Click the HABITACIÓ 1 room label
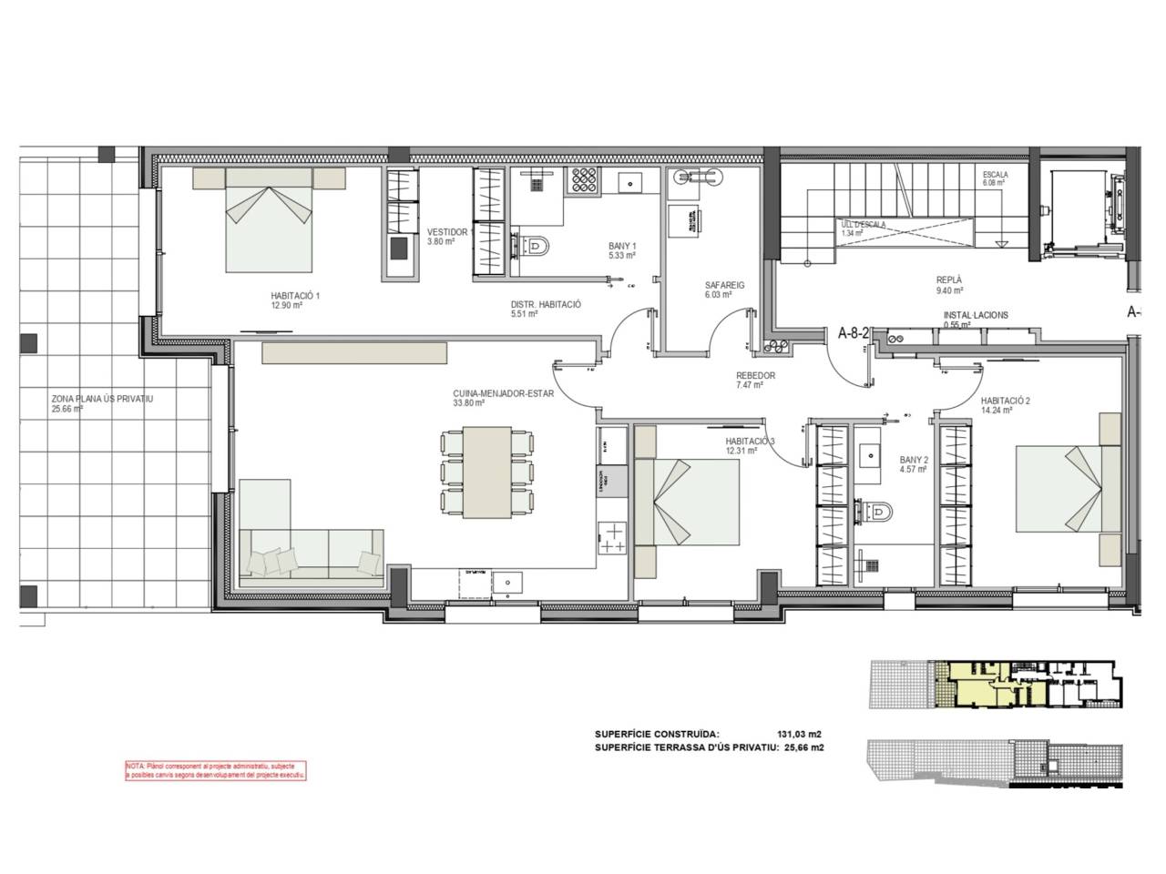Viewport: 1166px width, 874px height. pyautogui.click(x=295, y=295)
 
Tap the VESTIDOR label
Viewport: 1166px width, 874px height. pyautogui.click(x=447, y=233)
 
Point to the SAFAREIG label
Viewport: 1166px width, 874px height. pyautogui.click(x=724, y=285)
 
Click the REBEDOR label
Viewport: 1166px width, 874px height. pyautogui.click(x=755, y=375)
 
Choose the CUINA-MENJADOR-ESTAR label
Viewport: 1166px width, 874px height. pyautogui.click(x=482, y=394)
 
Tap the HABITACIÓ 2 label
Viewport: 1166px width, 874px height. pyautogui.click(x=1005, y=401)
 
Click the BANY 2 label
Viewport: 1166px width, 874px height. pyautogui.click(x=912, y=461)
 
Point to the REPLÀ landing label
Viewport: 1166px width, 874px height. pyautogui.click(x=949, y=281)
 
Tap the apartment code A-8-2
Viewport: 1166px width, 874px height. pyautogui.click(x=855, y=333)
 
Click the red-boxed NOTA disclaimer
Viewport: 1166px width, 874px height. pyautogui.click(x=215, y=770)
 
